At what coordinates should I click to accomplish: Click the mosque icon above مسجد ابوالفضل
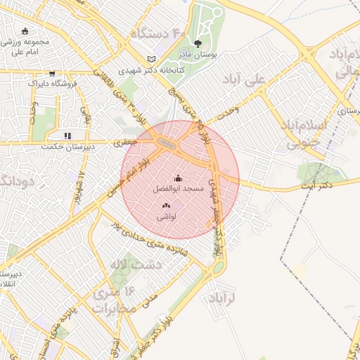tap(178, 178)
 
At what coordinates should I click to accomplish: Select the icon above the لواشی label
tap(166, 205)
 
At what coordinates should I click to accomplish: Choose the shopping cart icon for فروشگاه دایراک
tap(51, 73)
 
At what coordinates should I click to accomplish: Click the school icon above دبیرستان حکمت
tap(67, 136)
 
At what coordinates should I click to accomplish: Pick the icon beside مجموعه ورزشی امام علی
tap(25, 31)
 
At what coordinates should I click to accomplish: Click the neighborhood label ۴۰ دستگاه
tap(157, 33)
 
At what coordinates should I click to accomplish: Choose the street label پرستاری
tap(347, 110)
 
